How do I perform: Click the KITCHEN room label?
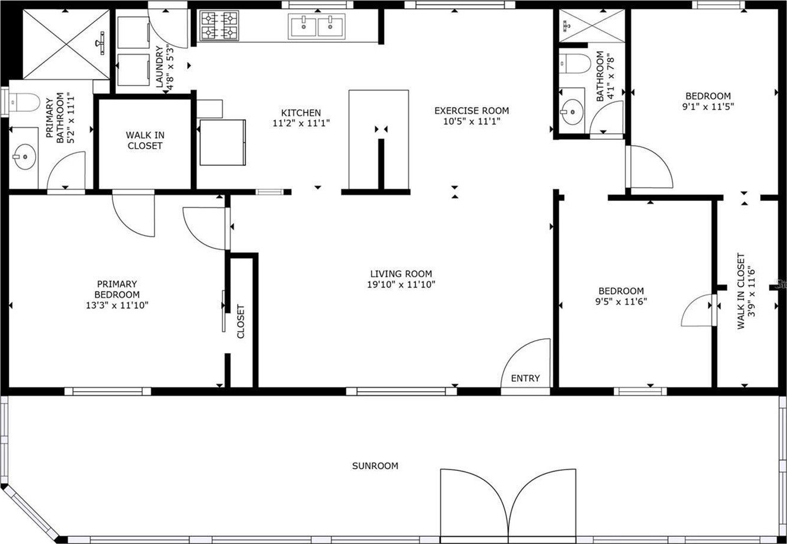(301, 113)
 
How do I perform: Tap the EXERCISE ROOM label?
(471, 111)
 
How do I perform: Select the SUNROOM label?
(375, 466)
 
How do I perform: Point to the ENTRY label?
(525, 379)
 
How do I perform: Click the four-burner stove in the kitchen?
(219, 26)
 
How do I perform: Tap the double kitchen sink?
(317, 26)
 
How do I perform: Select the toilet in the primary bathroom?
(24, 102)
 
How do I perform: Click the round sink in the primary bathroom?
(24, 157)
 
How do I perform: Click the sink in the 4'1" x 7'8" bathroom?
(572, 112)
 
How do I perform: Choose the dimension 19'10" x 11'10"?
(401, 284)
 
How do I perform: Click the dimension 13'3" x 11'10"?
(117, 305)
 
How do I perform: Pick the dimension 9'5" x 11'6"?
(621, 301)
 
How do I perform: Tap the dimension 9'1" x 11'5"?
(708, 106)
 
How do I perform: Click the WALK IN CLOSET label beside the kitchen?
(145, 140)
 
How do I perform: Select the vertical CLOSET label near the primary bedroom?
(241, 322)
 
